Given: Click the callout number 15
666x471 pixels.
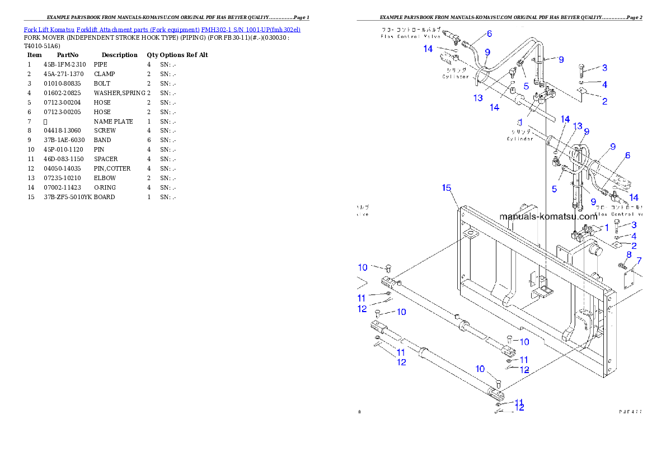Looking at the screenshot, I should coord(446,188).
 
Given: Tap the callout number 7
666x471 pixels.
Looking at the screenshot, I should coord(639,261).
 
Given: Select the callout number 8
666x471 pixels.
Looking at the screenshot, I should coord(629,255).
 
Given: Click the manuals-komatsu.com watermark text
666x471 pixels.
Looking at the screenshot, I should coord(548,216).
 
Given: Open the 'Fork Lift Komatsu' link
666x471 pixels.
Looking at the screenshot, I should coord(49,29).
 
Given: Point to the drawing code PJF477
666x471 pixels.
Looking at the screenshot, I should coord(630,411).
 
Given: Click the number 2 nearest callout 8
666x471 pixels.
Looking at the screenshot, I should coord(634,245).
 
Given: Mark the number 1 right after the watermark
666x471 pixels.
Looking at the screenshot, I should coord(606,227).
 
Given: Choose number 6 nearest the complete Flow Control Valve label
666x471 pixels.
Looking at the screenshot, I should coord(489,34).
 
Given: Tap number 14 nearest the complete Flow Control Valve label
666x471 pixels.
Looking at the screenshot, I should coord(428,49).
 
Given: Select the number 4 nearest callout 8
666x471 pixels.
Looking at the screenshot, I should coord(634,236).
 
